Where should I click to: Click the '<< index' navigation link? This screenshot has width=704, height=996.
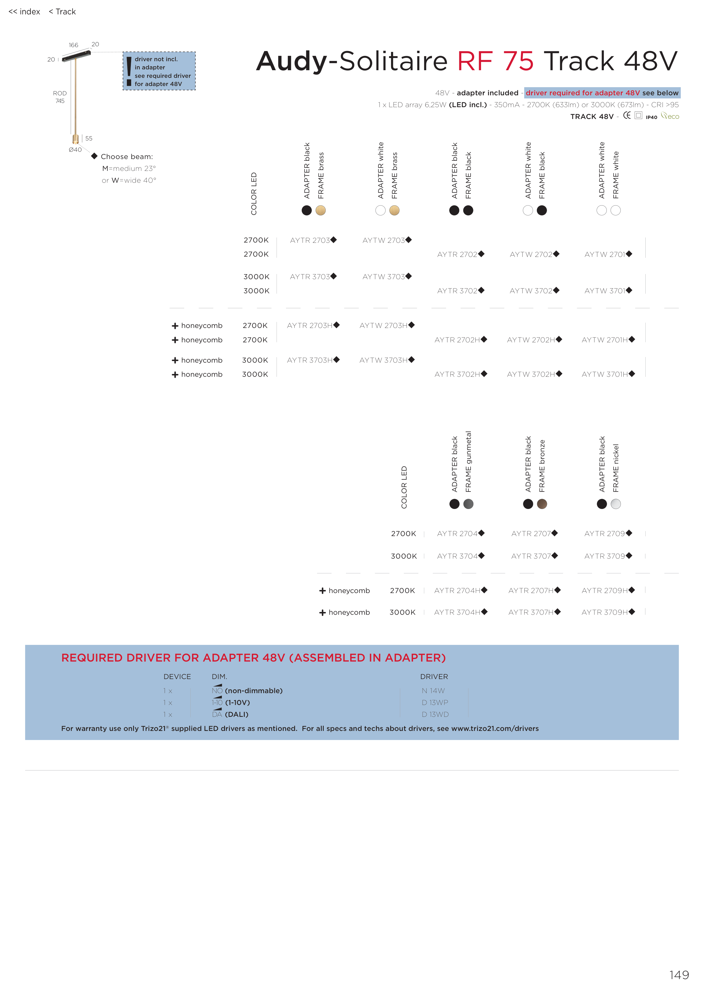[x=24, y=12]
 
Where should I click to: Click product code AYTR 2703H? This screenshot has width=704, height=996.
[x=310, y=325]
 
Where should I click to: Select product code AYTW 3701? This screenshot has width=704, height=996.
[x=605, y=291]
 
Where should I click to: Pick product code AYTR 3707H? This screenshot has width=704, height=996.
[x=531, y=612]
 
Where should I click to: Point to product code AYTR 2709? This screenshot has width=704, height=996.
[x=605, y=534]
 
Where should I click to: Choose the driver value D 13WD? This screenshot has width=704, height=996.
[x=435, y=715]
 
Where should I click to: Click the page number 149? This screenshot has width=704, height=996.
[x=679, y=975]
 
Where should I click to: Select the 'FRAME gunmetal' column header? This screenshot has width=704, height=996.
[x=469, y=462]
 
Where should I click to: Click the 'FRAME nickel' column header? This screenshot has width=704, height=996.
[x=616, y=468]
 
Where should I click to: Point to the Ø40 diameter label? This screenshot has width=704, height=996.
[x=75, y=150]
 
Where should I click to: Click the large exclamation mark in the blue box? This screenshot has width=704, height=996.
[x=129, y=71]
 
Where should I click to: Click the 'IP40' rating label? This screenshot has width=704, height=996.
[x=651, y=117]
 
